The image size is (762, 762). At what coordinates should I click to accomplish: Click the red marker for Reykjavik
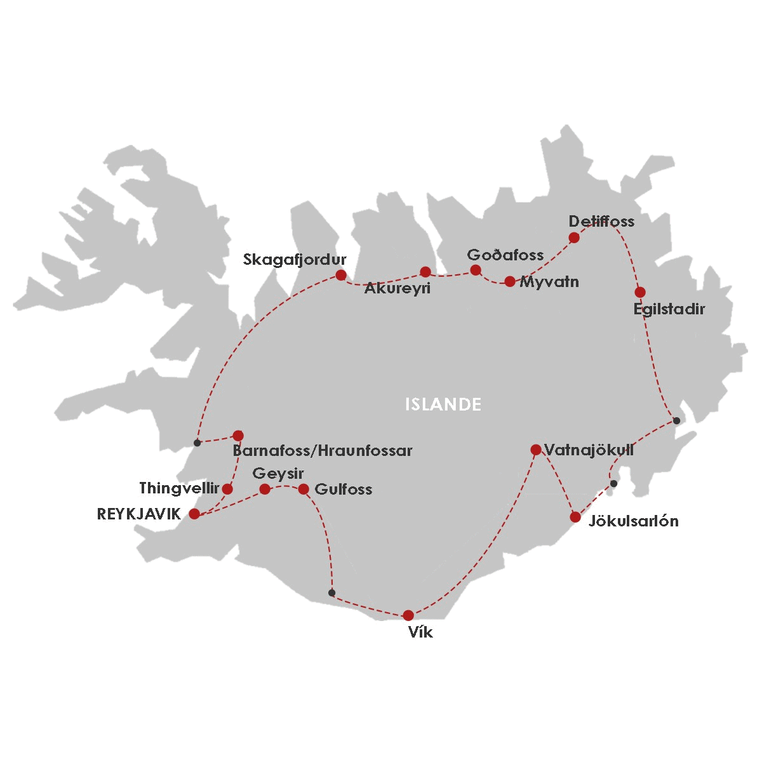(194, 514)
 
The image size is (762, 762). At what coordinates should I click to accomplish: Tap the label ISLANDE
(443, 404)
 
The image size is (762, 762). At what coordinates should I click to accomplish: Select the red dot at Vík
(408, 615)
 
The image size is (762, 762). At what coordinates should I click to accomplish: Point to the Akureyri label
(398, 289)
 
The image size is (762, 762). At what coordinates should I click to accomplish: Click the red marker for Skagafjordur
(341, 275)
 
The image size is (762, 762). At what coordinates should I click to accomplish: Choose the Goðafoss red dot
(475, 270)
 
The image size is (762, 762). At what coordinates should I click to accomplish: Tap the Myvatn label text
(549, 282)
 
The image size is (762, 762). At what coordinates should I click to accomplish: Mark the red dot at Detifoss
(574, 237)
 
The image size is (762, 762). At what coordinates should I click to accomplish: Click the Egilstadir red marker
(640, 292)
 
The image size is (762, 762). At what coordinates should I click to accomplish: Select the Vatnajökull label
(589, 450)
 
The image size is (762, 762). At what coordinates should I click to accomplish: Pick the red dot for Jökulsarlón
(575, 517)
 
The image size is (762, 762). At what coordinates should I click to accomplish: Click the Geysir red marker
(265, 489)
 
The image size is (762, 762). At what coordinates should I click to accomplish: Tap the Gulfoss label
(344, 490)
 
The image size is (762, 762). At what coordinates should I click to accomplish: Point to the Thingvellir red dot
(227, 489)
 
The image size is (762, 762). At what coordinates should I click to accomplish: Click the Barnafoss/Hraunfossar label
(323, 451)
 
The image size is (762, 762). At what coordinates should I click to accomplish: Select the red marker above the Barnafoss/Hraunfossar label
(238, 435)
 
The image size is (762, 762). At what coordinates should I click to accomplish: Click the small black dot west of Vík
(331, 592)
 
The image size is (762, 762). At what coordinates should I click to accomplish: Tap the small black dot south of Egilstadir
(676, 420)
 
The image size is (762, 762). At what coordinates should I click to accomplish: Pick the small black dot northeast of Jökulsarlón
(613, 484)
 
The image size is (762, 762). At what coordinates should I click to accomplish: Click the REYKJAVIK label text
(139, 514)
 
